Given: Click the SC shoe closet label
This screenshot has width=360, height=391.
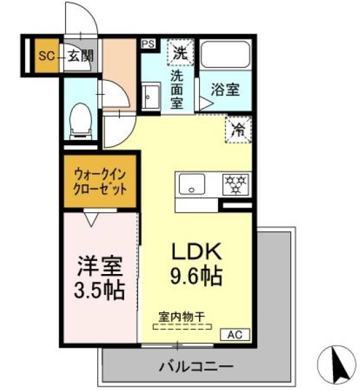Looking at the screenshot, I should coord(45,55).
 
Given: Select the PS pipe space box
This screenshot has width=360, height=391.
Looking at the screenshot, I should coord(148,45).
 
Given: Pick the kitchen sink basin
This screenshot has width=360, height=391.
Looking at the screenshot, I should coord(191,184).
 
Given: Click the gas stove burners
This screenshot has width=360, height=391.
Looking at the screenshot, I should coord(235,183).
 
